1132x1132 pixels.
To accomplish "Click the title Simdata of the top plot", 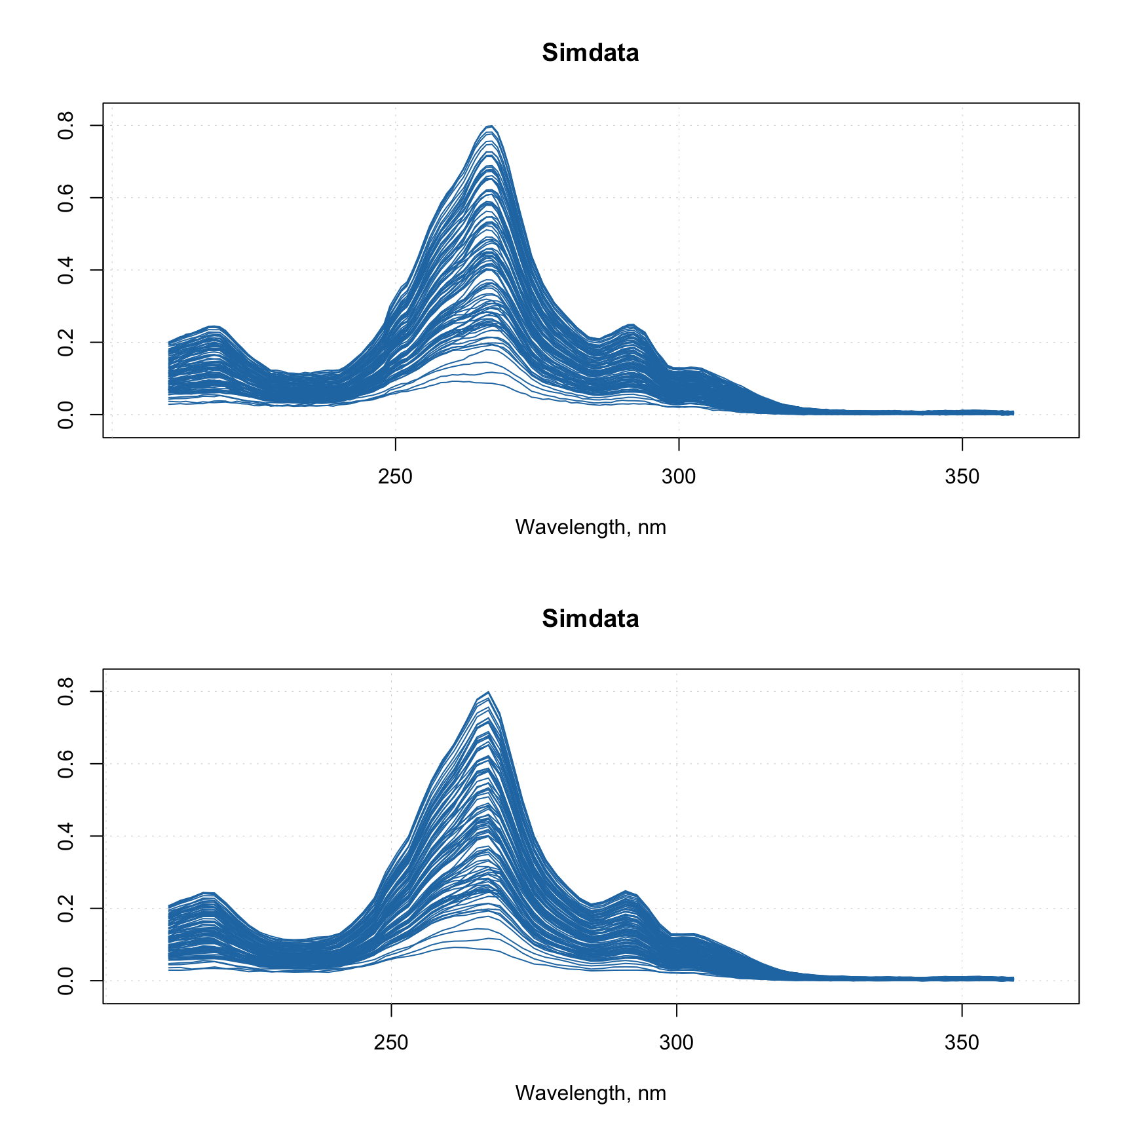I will click(590, 52).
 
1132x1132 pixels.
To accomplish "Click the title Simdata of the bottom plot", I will click(590, 618).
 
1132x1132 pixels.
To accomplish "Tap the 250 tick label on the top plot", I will click(395, 476).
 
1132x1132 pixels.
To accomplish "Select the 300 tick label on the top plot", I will click(679, 476).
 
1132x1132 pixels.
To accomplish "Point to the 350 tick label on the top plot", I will click(962, 476).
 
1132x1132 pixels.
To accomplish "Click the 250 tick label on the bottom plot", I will click(391, 1042).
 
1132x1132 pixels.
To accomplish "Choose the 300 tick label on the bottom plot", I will click(676, 1042).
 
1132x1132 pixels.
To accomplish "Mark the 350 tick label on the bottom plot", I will click(962, 1042).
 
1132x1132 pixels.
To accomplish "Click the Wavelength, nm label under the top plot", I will click(590, 527).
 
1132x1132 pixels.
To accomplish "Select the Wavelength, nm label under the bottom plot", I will click(590, 1093).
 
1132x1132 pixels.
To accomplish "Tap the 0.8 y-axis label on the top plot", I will click(66, 125).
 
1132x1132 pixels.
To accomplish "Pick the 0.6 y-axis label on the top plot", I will click(66, 197).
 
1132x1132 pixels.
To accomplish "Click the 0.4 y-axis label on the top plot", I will click(66, 270).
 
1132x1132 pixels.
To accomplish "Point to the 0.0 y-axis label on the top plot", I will click(66, 414).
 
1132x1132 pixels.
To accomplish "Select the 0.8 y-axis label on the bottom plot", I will click(66, 691).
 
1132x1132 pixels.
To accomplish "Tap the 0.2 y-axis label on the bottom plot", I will click(66, 908).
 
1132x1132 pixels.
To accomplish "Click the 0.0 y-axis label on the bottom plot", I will click(66, 980).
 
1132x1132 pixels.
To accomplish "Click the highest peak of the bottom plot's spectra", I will click(488, 692).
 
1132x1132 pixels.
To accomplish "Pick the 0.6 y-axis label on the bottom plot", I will click(66, 763).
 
